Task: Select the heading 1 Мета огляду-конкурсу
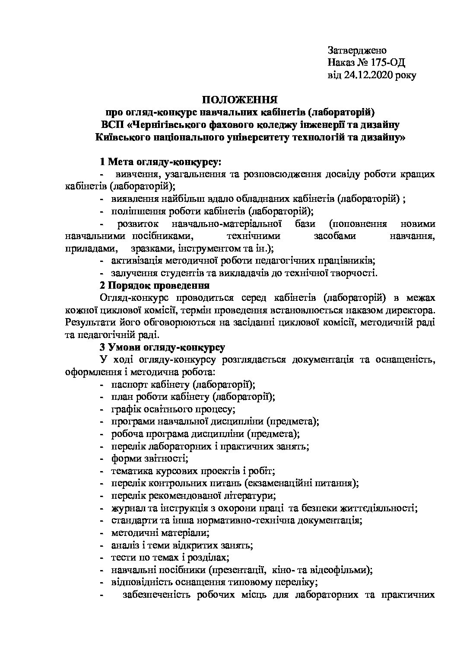click(x=160, y=162)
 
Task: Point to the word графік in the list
click(x=125, y=408)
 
